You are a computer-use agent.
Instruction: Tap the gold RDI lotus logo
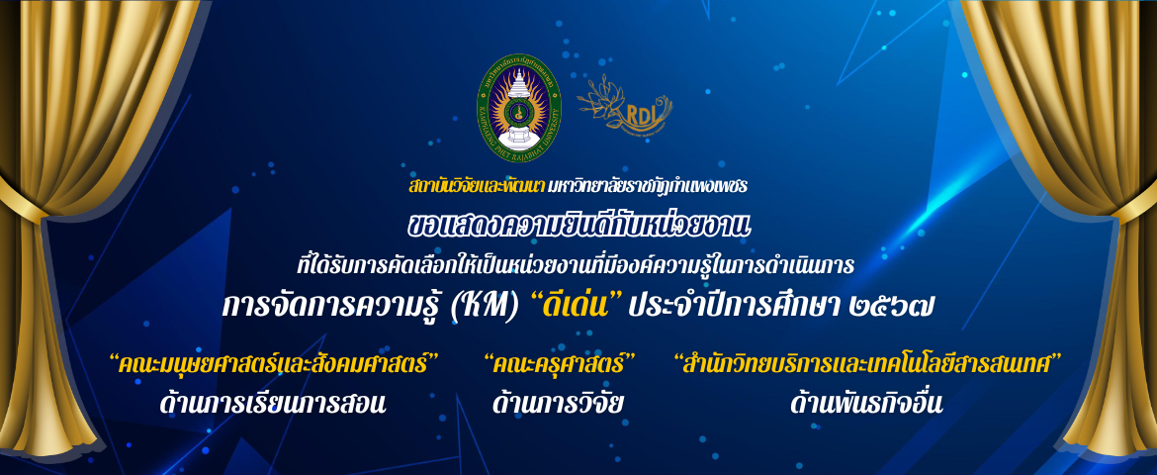coord(624,104)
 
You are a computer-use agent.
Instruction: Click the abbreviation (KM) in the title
coord(479,305)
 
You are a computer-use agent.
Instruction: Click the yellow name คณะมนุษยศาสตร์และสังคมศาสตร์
coord(274,363)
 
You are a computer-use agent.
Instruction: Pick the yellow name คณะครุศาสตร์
coord(560,363)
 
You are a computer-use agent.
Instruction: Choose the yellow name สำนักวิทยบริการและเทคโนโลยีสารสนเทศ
coord(867,363)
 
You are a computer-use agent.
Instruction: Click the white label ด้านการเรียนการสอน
coord(274,404)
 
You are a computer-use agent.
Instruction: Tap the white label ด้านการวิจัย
coord(560,404)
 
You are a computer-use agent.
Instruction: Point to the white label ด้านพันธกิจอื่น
coord(867,404)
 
